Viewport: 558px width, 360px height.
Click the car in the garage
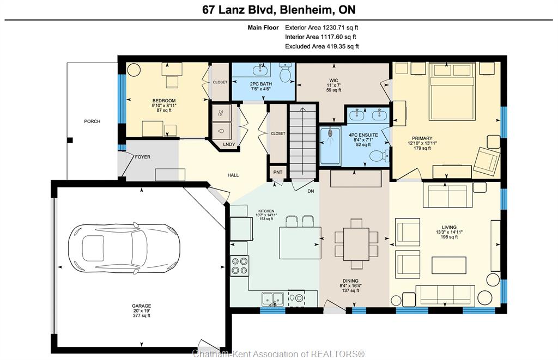[124, 249]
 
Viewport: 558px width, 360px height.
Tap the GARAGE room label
[142, 306]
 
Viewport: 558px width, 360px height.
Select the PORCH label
[92, 121]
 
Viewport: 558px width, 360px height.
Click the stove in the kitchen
[240, 266]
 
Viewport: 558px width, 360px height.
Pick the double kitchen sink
[273, 299]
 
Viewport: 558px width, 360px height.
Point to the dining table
[356, 245]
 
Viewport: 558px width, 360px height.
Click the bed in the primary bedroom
[452, 91]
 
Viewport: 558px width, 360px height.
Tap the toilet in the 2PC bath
[286, 72]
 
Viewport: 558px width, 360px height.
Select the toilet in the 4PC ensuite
[379, 156]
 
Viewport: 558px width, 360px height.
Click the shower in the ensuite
[330, 146]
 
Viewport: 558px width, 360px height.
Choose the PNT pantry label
[278, 172]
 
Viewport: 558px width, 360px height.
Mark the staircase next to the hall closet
[302, 142]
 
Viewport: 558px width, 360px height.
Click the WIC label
[334, 81]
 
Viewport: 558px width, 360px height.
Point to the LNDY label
[229, 144]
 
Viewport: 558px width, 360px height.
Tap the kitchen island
[300, 243]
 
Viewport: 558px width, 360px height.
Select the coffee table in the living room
[449, 265]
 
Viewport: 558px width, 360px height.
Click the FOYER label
[143, 157]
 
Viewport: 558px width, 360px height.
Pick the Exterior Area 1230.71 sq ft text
[322, 27]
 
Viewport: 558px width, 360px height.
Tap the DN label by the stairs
[311, 191]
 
